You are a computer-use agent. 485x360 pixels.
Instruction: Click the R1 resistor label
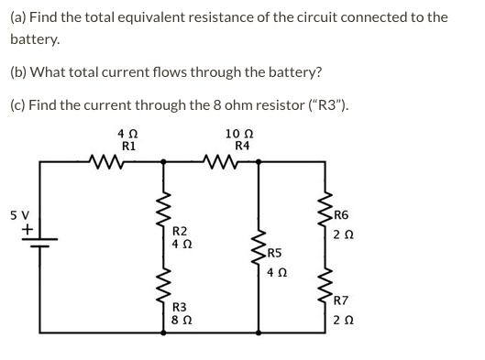point(129,146)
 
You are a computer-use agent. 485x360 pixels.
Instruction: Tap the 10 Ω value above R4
point(242,134)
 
